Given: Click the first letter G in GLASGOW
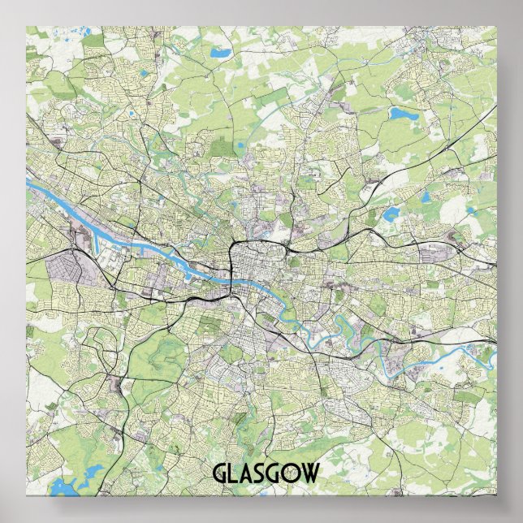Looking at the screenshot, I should coord(220,473).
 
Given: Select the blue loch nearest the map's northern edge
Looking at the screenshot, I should coord(218,54).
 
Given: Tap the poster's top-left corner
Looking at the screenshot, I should coord(27,26).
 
